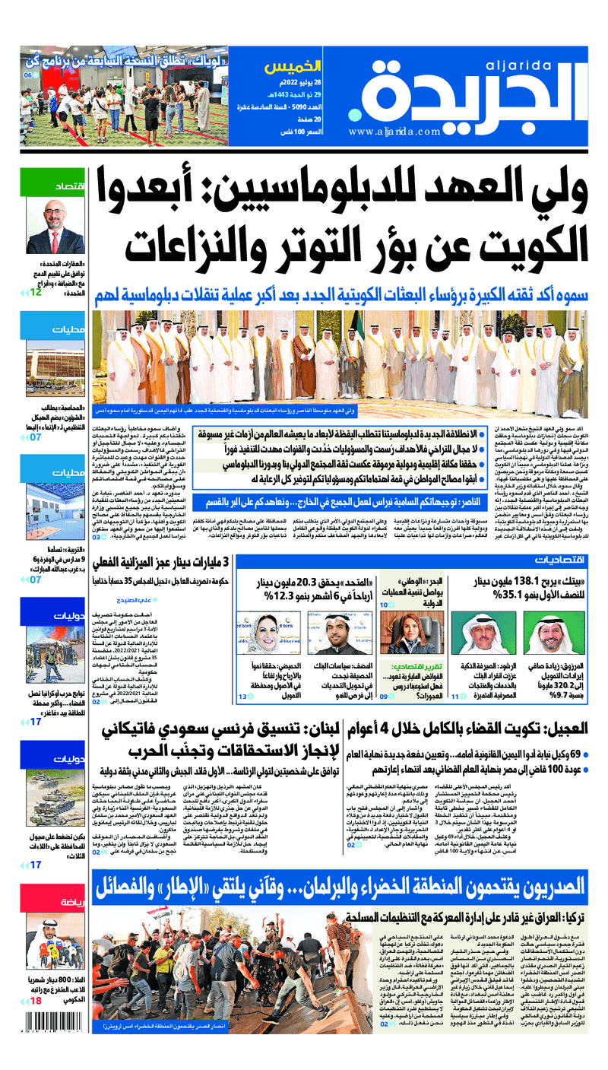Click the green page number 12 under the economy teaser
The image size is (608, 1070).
pyautogui.click(x=36, y=291)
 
